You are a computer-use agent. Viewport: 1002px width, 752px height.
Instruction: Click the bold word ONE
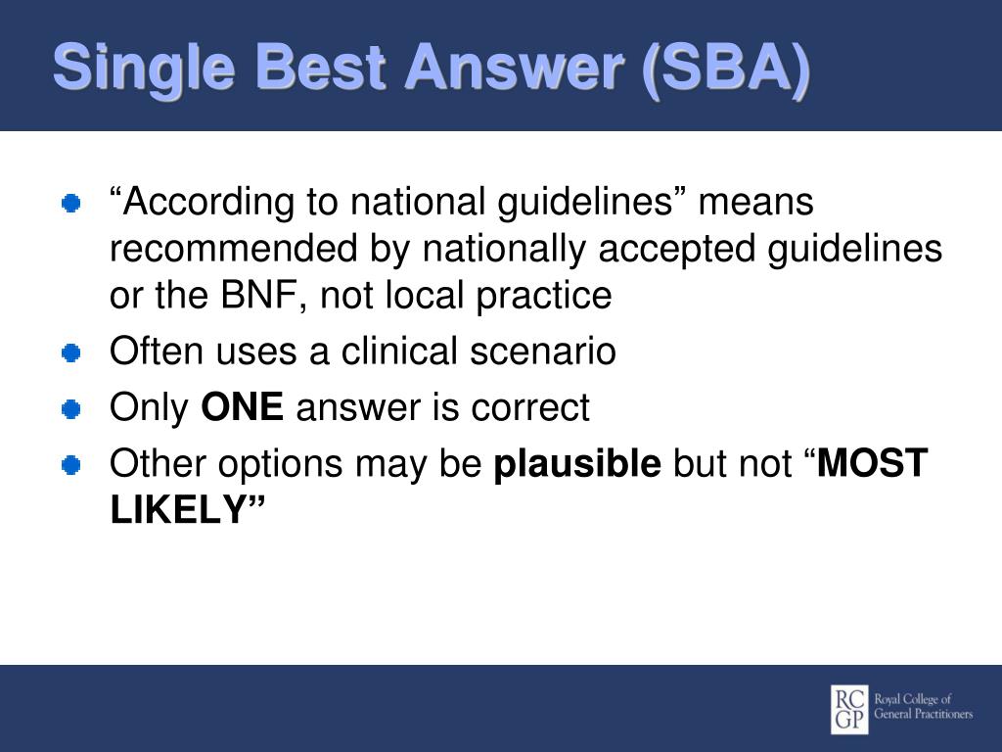243,406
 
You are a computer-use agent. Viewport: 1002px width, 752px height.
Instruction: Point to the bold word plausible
577,464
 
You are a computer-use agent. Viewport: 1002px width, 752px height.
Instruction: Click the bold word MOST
872,462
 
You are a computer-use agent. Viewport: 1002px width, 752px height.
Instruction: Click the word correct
529,408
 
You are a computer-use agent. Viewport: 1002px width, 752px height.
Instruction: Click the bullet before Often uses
70,352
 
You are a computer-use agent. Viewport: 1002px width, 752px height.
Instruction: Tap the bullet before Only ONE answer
70,408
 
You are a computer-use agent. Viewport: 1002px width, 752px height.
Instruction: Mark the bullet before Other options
70,465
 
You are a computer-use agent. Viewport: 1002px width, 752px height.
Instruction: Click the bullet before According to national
70,204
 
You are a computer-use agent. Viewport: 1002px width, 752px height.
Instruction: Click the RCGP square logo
849,709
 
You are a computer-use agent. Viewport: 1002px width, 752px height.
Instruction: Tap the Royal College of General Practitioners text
923,707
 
